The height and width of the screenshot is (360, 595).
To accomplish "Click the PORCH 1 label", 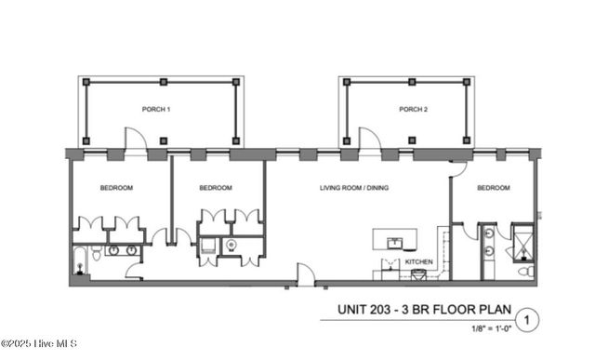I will click(x=155, y=110).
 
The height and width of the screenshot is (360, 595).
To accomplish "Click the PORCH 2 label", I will click(x=414, y=110).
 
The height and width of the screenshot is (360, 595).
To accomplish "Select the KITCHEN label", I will click(x=418, y=263).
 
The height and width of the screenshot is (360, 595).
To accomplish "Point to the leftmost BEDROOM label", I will click(x=116, y=188).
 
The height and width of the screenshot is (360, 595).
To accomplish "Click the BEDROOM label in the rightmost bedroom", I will click(x=494, y=188).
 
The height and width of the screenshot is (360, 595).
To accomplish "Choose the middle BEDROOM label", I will click(x=215, y=188).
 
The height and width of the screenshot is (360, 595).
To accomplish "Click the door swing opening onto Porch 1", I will click(x=136, y=140).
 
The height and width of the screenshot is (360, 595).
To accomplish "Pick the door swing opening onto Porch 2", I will click(x=368, y=140).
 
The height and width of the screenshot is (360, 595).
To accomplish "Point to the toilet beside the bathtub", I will click(x=81, y=271).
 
